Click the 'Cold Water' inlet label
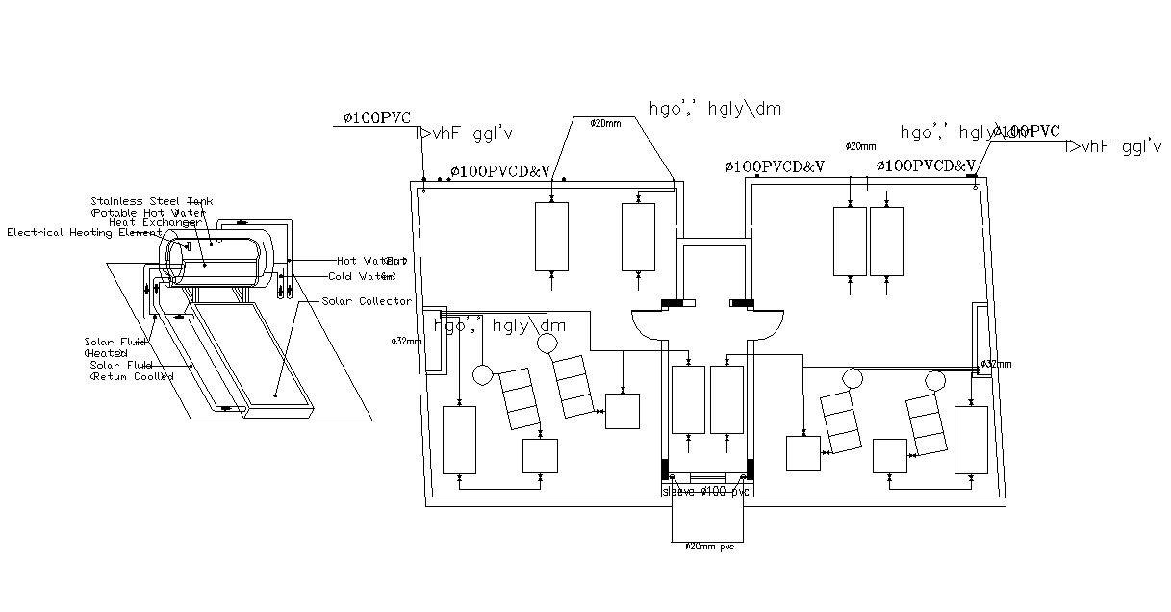[361, 276]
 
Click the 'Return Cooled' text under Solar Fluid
[132, 376]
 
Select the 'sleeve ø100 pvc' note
[705, 492]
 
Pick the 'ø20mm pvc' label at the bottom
[710, 547]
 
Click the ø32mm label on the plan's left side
[405, 341]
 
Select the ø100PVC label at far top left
[377, 118]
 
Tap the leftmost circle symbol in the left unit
[481, 372]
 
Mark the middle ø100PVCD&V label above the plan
[775, 167]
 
